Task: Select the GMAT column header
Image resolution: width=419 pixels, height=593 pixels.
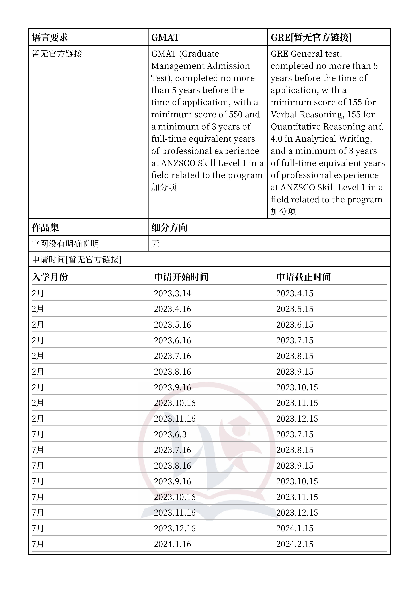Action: point(165,38)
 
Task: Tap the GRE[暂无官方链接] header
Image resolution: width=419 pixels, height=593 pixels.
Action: point(311,38)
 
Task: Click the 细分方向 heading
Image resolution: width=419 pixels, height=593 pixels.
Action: point(169,228)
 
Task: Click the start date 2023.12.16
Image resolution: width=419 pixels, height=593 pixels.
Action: point(175,528)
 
